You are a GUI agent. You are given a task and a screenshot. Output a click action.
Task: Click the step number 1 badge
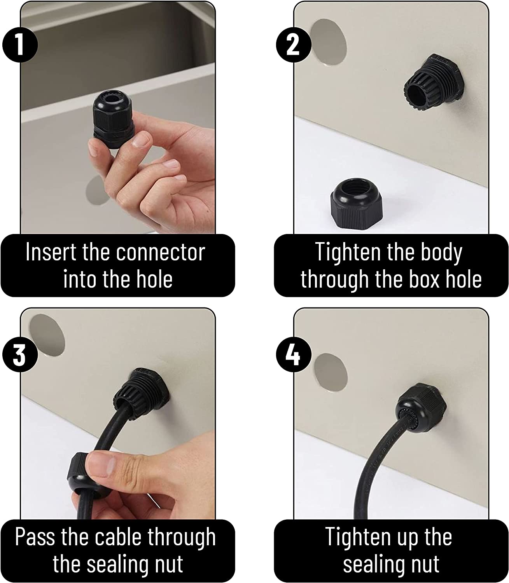click(20, 45)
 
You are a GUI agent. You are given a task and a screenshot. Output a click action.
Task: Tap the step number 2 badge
click(294, 45)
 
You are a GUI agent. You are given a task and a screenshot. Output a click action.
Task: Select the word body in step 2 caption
click(441, 253)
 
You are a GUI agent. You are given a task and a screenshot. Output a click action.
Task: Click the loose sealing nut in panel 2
click(357, 203)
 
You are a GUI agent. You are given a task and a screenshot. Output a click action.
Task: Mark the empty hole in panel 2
click(328, 42)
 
